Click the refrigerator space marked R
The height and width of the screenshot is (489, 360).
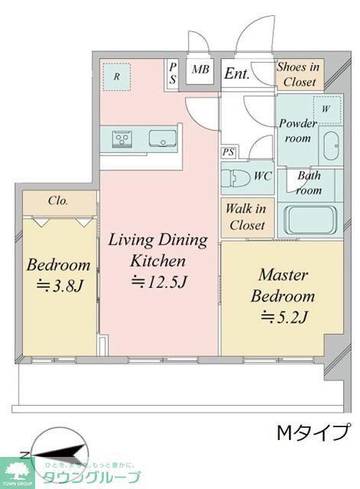(x=117, y=77)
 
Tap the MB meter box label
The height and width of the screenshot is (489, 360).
(x=200, y=69)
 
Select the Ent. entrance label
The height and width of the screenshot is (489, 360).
(x=237, y=73)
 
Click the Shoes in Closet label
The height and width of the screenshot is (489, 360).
(x=299, y=74)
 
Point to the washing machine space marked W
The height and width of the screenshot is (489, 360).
(x=326, y=109)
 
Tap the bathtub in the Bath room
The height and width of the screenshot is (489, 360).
(x=311, y=219)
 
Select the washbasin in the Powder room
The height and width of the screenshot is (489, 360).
(x=331, y=146)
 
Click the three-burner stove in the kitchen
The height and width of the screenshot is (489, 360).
(x=122, y=138)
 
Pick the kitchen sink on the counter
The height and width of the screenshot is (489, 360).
(x=163, y=138)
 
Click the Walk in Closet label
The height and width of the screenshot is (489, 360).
(x=246, y=217)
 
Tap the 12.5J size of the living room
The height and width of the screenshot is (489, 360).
(x=159, y=282)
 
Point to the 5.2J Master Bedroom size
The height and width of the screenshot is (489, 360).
(x=284, y=317)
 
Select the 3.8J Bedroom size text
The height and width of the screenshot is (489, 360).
(x=60, y=286)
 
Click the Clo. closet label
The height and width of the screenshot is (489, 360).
(x=58, y=200)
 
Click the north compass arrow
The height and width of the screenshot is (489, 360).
(x=59, y=454)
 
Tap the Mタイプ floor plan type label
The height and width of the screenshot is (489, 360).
(x=313, y=432)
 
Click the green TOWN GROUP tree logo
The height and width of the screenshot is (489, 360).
(x=15, y=473)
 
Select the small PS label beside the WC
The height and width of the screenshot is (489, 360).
(x=229, y=153)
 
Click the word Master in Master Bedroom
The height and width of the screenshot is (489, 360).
(x=284, y=275)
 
